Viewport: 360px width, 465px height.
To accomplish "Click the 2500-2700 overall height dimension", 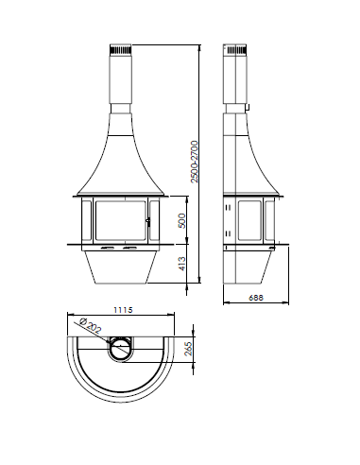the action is pos(195,162).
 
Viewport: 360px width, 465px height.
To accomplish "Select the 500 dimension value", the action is pos(181,220).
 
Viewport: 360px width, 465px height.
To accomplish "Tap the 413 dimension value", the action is pos(181,264).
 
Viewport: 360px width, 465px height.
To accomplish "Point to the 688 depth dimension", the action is pos(256,298).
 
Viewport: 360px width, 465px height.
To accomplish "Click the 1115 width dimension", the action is pos(123,310).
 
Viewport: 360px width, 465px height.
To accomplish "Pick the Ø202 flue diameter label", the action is pos(91,325).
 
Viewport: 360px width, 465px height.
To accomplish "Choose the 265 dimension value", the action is pos(188,349).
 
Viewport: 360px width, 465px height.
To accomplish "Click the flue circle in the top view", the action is pos(121,349).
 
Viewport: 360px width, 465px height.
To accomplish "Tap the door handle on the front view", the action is pos(148,221).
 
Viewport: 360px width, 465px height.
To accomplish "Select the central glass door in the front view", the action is pos(121,220).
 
